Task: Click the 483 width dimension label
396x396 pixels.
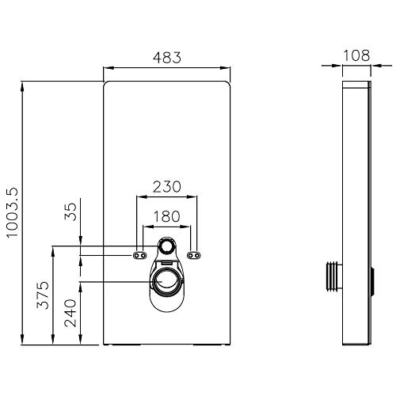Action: (167, 58)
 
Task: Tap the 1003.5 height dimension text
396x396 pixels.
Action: (12, 213)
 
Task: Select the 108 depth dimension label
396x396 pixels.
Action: (356, 55)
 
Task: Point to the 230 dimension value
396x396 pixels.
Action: (167, 186)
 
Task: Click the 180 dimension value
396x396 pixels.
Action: (166, 216)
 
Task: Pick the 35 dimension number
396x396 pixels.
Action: (70, 211)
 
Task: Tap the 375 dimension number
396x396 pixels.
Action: (43, 295)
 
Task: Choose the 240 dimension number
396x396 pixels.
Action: (70, 313)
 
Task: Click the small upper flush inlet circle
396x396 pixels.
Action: (166, 246)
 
